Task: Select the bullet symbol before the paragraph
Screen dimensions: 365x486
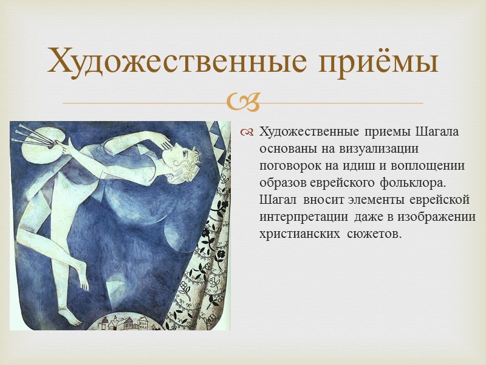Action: click(248, 133)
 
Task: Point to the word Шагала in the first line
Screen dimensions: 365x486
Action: click(437, 132)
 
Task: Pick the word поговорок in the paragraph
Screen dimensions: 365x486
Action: click(290, 166)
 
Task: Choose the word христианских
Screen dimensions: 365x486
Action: click(296, 234)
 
